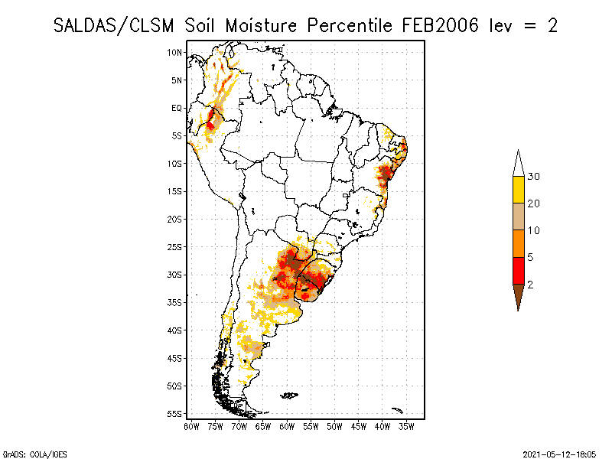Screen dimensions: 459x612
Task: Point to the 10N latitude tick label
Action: pyautogui.click(x=175, y=52)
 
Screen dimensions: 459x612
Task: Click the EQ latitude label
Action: pyautogui.click(x=177, y=108)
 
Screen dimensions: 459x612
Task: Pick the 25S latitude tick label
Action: pyautogui.click(x=175, y=247)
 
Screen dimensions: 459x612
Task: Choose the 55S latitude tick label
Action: pyautogui.click(x=175, y=414)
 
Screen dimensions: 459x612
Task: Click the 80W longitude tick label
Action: pyautogui.click(x=191, y=426)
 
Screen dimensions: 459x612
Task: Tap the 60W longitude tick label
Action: pyautogui.click(x=287, y=426)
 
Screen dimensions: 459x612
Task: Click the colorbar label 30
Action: pyautogui.click(x=534, y=177)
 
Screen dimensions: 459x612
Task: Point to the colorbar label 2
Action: pyautogui.click(x=530, y=285)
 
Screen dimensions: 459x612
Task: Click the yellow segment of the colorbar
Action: pyautogui.click(x=518, y=190)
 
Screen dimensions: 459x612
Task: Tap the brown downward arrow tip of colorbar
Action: pyautogui.click(x=518, y=298)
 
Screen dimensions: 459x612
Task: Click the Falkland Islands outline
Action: pyautogui.click(x=288, y=396)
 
